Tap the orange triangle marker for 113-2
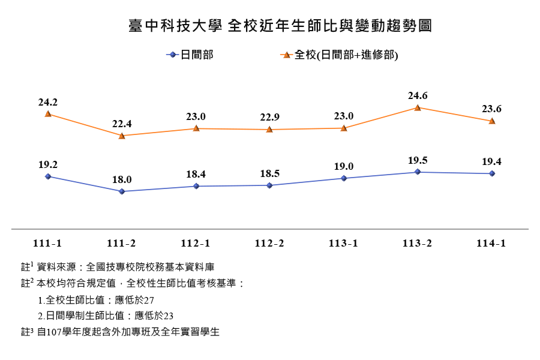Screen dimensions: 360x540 418,107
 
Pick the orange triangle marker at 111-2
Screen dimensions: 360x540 122,136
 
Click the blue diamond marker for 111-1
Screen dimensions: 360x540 48,176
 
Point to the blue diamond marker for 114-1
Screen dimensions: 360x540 492,173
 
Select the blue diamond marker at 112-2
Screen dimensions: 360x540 269,185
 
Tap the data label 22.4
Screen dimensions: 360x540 122,124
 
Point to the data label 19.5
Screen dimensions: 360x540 418,160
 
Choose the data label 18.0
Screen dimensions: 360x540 122,179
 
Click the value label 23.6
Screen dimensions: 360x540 491,109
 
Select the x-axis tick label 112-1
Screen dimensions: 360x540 196,243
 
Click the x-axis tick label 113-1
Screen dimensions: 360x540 344,243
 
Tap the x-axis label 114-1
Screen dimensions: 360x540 491,243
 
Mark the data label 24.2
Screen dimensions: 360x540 47,102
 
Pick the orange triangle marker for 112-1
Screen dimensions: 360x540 196,128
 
